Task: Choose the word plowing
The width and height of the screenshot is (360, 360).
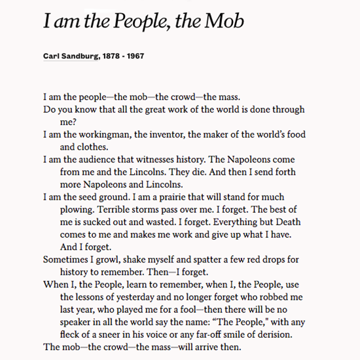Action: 76,209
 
